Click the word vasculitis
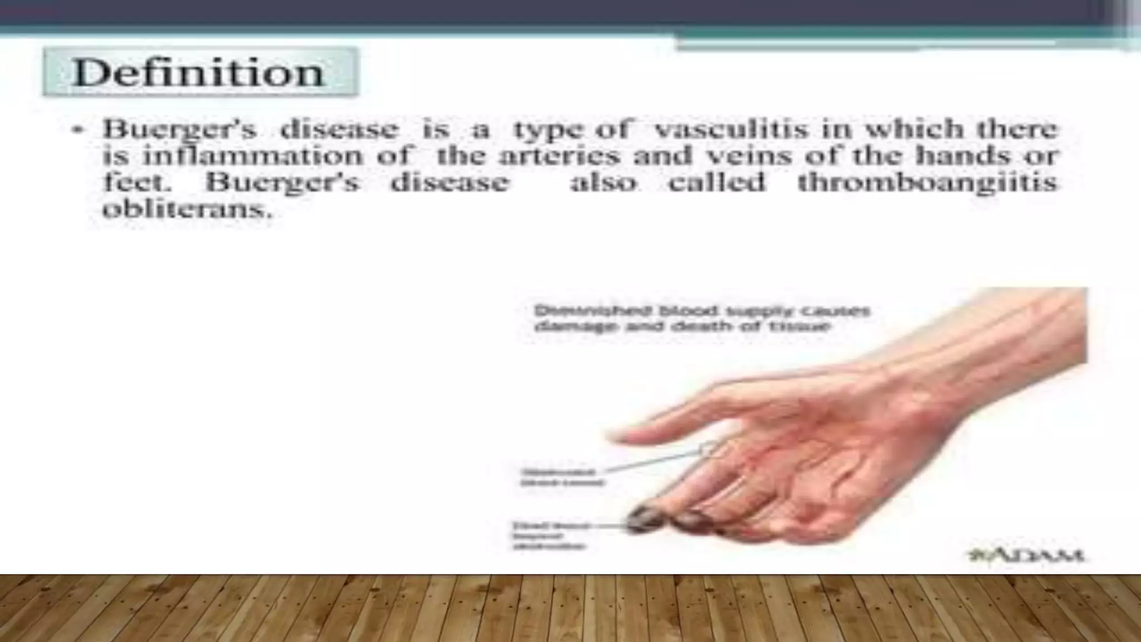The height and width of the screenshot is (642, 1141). click(730, 129)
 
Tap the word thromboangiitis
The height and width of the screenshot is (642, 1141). click(927, 182)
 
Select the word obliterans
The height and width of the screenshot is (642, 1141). click(187, 210)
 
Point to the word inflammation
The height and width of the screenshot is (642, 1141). click(252, 155)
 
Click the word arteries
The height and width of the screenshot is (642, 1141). click(559, 155)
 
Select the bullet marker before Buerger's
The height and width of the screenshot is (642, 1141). click(77, 130)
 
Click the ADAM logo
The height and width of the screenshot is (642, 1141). click(1026, 555)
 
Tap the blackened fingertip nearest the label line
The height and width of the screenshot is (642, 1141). click(643, 519)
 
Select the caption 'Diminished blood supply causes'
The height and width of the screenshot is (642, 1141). click(701, 310)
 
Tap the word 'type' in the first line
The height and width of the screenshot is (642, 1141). click(548, 130)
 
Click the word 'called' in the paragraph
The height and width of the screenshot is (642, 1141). click(716, 182)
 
